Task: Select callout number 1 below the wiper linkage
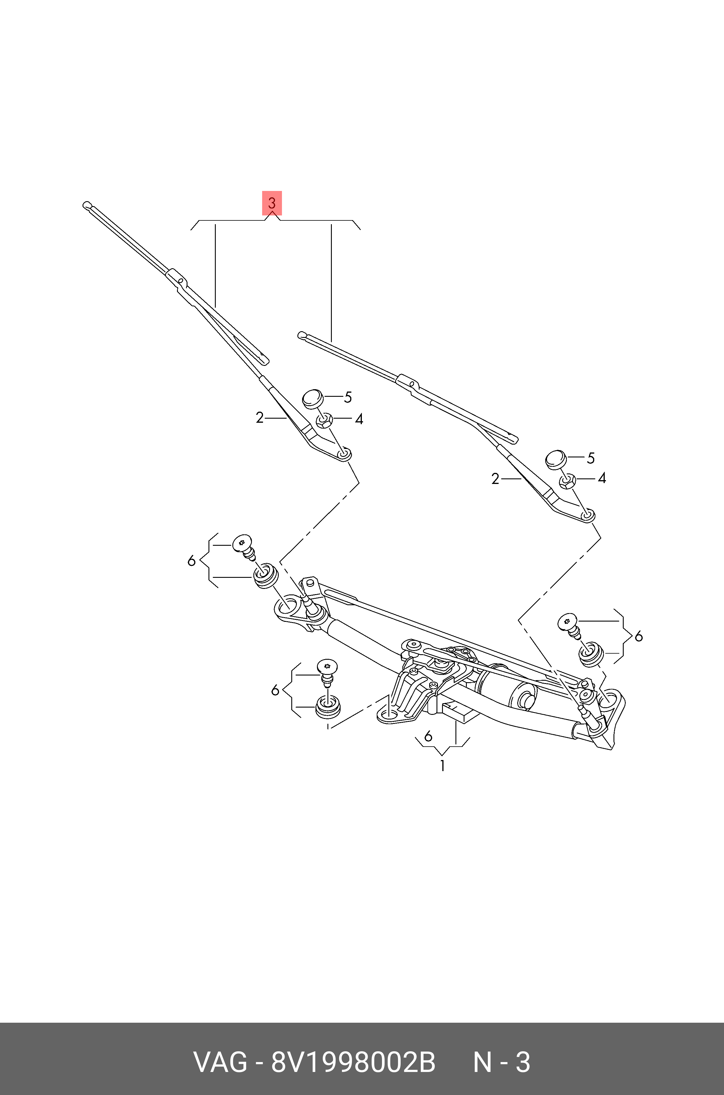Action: (442, 766)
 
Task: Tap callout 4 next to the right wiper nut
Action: (601, 478)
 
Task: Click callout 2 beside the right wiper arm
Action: (495, 479)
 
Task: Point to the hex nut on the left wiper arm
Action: (325, 421)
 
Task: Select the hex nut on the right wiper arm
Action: (567, 481)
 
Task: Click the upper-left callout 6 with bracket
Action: (192, 561)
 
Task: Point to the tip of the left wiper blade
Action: (86, 205)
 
